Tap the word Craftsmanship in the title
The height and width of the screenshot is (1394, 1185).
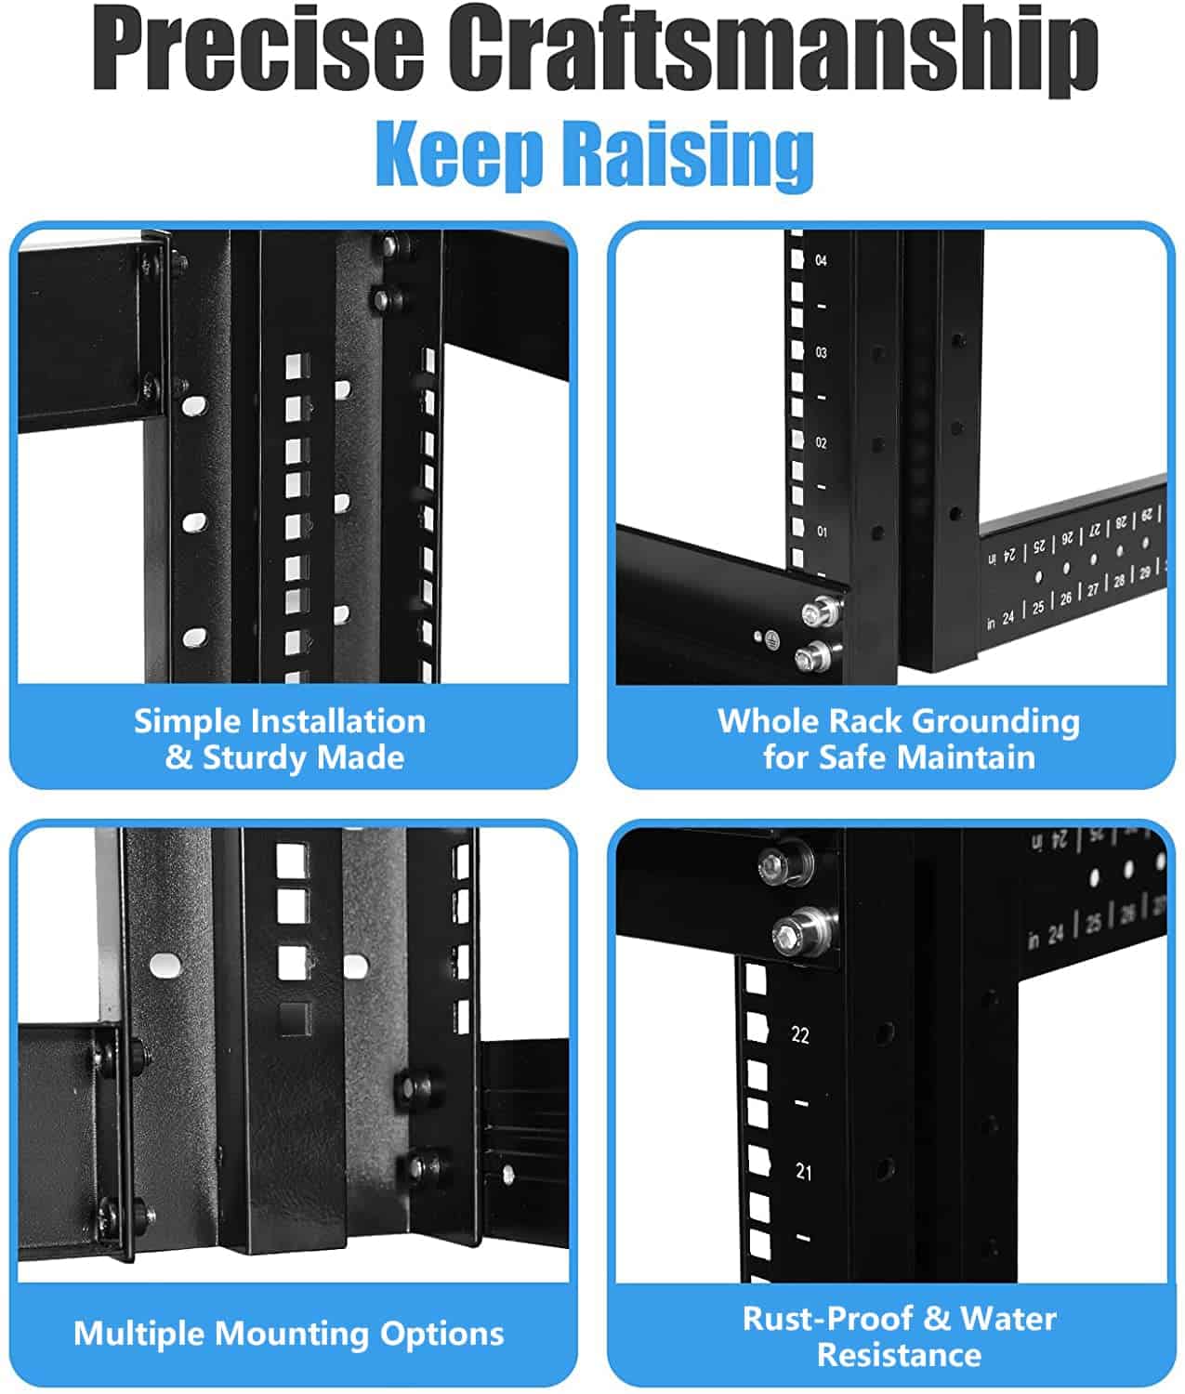click(780, 48)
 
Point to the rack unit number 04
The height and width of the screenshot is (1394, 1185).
click(821, 261)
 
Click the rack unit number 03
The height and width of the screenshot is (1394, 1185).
click(821, 353)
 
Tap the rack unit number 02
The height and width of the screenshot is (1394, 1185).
click(821, 443)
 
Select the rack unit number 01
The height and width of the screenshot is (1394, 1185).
click(822, 532)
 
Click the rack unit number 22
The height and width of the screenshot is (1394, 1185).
click(800, 1034)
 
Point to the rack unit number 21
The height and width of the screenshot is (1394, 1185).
click(803, 1172)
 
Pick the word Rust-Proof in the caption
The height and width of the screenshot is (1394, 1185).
click(828, 1318)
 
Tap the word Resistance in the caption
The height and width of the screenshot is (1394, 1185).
click(899, 1355)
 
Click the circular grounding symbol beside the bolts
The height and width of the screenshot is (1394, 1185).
click(769, 638)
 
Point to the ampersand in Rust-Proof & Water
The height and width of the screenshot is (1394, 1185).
click(937, 1319)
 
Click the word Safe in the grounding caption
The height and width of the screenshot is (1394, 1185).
click(853, 757)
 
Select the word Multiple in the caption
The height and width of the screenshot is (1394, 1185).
click(140, 1334)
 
